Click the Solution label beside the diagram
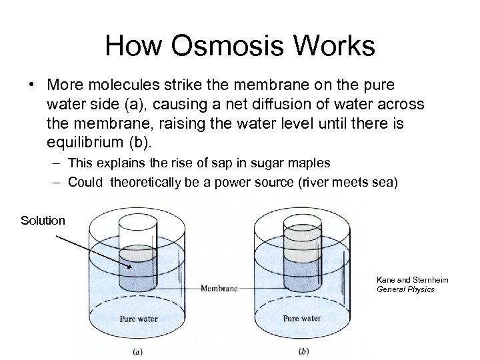point(43,220)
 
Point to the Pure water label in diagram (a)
point(138,318)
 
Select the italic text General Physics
point(405,289)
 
